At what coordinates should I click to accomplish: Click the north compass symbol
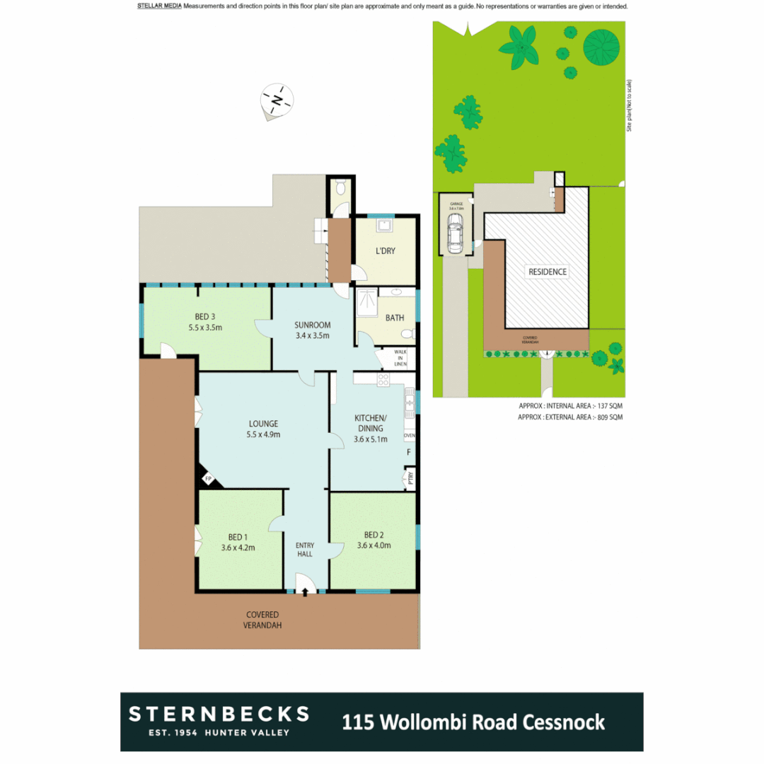tap(277, 100)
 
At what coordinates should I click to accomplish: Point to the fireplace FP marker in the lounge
tap(208, 480)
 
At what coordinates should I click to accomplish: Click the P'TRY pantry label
tap(410, 479)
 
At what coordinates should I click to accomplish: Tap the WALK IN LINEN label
tap(400, 358)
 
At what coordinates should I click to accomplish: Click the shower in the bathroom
tap(368, 303)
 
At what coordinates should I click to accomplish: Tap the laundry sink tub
tap(385, 226)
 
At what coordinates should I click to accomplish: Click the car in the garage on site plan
tap(455, 233)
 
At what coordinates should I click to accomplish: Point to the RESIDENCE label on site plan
tap(547, 272)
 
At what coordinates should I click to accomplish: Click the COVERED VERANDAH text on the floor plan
tap(262, 620)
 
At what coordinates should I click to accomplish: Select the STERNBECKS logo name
tap(219, 713)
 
